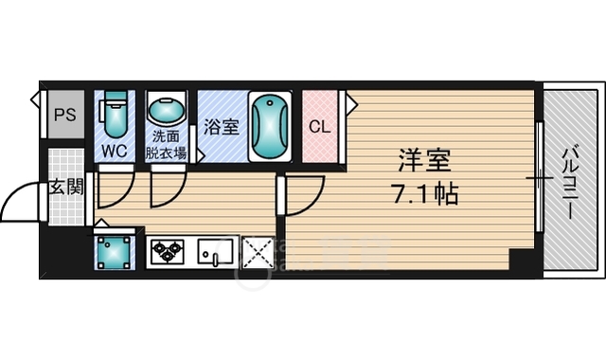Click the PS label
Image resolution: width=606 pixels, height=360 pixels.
64,117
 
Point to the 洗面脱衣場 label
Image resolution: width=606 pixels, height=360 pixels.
166,143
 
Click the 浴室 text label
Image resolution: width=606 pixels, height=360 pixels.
220,125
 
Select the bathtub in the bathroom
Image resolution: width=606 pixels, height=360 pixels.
270,125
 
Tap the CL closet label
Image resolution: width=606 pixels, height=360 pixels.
319,125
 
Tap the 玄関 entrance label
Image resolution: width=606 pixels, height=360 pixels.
64,187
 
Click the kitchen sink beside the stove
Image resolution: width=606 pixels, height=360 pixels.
216,252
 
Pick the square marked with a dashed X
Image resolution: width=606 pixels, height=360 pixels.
258,252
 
